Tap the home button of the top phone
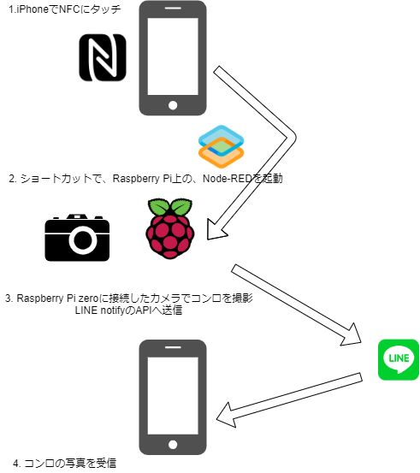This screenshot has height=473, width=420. tap(173, 105)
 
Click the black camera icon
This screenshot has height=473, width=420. tap(80, 237)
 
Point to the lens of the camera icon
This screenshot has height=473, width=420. tap(82, 242)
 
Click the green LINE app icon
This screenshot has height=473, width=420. tap(399, 360)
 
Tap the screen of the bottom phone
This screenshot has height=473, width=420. tap(173, 393)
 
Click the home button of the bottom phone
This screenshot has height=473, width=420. tap(173, 445)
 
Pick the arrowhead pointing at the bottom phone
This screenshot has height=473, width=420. tap(227, 417)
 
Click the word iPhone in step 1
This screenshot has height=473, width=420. tap(33, 11)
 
